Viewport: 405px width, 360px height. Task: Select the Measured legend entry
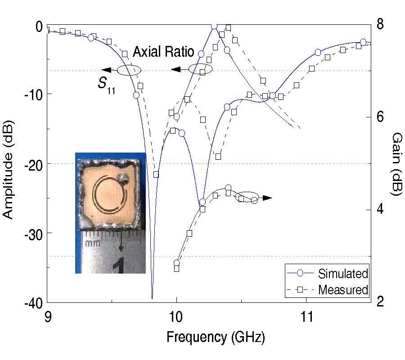(x=343, y=289)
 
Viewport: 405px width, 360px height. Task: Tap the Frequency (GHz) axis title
(x=216, y=336)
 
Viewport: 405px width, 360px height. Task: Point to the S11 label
(x=106, y=85)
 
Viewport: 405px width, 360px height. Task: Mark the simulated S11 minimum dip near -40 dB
(x=152, y=297)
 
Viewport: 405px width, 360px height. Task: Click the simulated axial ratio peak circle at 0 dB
(x=214, y=26)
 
